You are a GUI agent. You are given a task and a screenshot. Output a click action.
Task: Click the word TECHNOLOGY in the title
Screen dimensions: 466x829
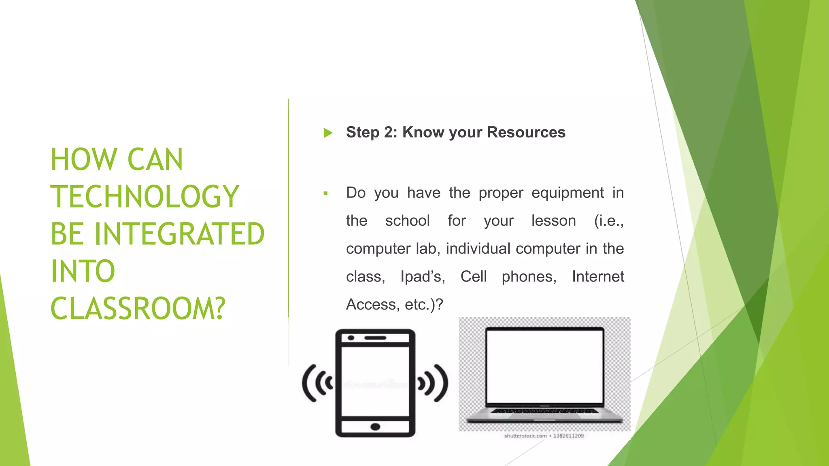145,197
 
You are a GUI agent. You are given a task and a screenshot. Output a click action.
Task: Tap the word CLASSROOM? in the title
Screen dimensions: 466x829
138,309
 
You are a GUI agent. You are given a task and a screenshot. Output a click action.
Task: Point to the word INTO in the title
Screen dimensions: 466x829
83,271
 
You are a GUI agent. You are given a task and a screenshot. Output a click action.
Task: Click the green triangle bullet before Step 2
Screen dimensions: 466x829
328,133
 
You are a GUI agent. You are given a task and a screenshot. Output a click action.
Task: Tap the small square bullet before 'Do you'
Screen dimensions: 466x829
325,193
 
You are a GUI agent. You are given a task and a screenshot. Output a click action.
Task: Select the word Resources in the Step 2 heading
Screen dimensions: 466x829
526,132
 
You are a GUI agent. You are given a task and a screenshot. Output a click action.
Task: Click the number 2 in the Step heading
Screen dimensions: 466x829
389,132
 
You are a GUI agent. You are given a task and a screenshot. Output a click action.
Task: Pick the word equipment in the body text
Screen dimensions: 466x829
568,193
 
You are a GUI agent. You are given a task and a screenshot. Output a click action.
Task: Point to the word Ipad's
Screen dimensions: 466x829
423,277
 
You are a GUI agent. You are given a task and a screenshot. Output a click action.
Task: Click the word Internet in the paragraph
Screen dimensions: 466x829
598,277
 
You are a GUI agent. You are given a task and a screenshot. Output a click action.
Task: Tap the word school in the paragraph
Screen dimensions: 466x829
407,221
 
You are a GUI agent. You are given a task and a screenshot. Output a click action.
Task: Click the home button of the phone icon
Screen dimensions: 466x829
375,427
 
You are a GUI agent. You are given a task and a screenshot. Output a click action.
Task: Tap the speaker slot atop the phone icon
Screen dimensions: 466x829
375,338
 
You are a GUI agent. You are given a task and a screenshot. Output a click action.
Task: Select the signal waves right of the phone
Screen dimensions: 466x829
433,383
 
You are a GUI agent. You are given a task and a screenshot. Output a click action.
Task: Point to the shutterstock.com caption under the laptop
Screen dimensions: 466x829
525,436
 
